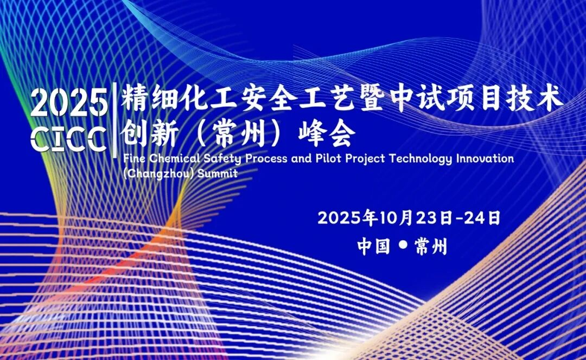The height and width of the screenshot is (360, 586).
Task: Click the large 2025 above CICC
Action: tap(69, 102)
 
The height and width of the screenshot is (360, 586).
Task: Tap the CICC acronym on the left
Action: tap(69, 138)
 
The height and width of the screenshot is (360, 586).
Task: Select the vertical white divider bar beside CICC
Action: tap(114, 120)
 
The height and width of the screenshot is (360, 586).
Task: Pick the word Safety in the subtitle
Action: tap(222, 159)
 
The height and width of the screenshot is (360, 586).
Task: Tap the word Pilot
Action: tap(328, 158)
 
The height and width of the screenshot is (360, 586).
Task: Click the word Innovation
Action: tap(485, 158)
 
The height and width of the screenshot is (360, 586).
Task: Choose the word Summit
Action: tap(218, 173)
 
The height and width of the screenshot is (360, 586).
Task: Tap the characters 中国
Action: tap(374, 247)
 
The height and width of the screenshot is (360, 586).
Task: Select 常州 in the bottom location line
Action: tap(430, 247)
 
